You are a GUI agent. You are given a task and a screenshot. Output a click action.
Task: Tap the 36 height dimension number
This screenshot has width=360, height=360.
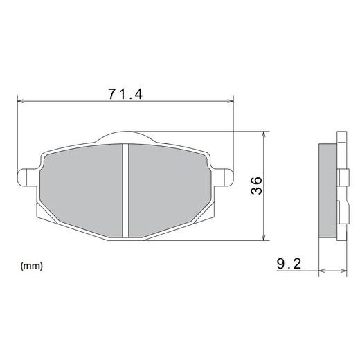click(256, 185)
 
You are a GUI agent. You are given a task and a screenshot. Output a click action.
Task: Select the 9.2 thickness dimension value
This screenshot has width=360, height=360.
click(289, 264)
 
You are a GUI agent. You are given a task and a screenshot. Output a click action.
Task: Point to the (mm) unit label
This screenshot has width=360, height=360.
click(33, 265)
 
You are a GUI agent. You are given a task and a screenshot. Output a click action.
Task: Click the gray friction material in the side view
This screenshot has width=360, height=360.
click(327, 187)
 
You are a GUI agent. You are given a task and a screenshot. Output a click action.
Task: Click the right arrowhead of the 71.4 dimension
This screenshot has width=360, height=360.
click(231, 102)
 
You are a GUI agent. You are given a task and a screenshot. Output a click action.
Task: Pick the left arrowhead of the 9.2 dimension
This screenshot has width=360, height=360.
click(321, 271)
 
